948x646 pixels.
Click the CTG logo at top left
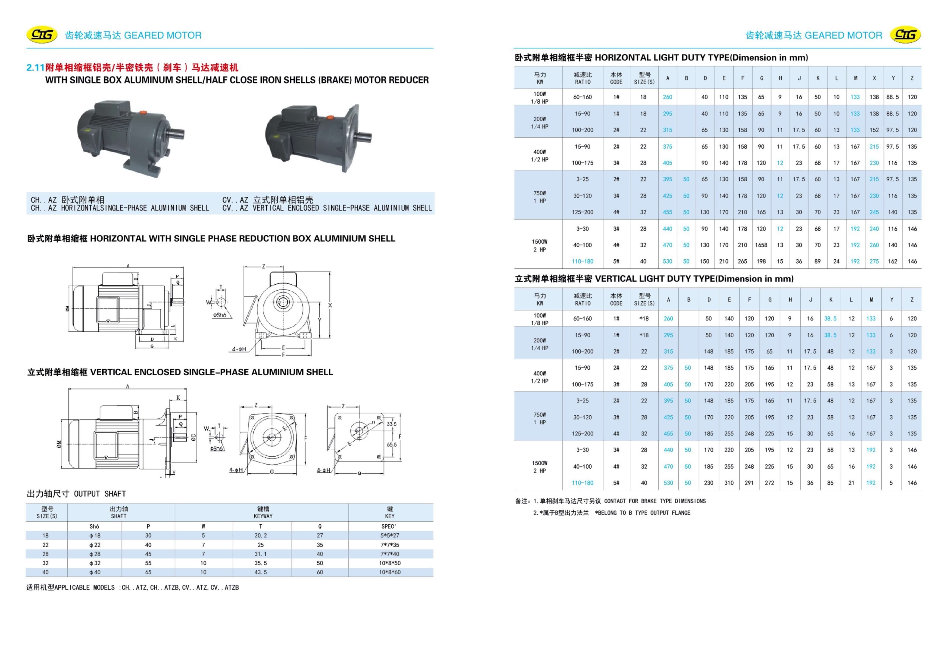point(42,35)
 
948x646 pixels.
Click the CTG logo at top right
point(905,35)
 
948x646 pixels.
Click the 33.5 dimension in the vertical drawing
point(391,424)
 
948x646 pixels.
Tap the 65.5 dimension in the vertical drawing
point(391,444)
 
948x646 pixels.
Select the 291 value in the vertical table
point(749,483)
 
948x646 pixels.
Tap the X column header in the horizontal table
point(874,78)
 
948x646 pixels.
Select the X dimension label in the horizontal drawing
point(330,305)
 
